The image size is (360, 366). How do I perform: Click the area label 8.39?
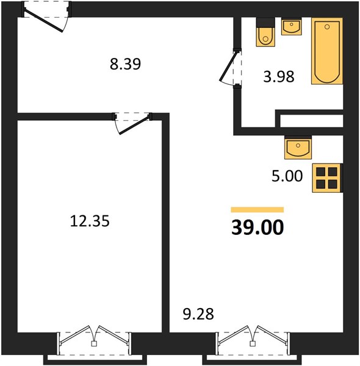[125, 64]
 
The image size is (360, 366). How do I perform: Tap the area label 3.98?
[279, 77]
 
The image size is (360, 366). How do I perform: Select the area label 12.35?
[90, 221]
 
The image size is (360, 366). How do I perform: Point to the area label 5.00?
[287, 176]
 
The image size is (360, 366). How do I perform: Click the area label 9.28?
[198, 314]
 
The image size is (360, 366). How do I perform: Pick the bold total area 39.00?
[257, 228]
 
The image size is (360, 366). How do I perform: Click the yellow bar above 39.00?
[257, 210]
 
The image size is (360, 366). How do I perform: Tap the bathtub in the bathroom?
[327, 51]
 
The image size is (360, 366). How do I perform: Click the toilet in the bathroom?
[265, 32]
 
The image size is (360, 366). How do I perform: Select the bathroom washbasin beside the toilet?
[292, 27]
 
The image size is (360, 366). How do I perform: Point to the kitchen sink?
[298, 148]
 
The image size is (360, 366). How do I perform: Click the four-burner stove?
[327, 178]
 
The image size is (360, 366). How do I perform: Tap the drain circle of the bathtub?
[327, 27]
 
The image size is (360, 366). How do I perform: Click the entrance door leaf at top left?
[44, 21]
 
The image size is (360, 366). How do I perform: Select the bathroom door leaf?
[229, 66]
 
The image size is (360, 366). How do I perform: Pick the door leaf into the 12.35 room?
[134, 125]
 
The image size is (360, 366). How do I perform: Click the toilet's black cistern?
[265, 23]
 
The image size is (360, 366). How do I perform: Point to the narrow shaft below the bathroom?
[311, 121]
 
